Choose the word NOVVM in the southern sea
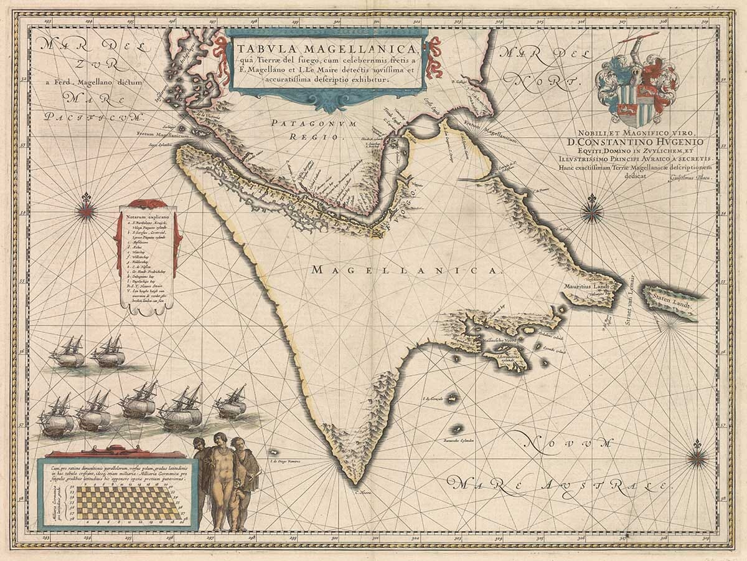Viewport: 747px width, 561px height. point(564,443)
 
